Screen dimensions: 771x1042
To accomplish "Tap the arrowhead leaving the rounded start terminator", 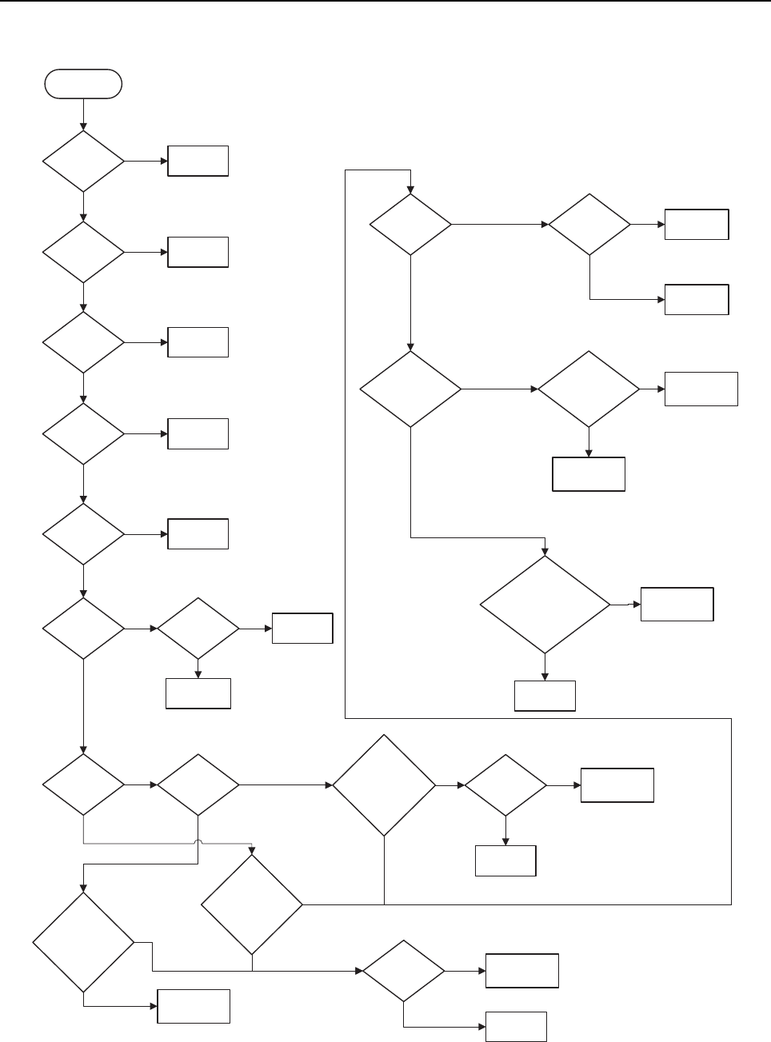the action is [x=84, y=127].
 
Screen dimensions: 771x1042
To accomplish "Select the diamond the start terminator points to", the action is [x=84, y=162].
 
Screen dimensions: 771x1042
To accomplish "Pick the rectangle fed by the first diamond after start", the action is [x=198, y=162].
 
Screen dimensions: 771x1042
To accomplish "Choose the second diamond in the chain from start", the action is [x=84, y=252].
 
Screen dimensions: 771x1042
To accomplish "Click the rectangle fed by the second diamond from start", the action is [x=198, y=252].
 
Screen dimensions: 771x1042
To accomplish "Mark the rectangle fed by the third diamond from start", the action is [x=198, y=342].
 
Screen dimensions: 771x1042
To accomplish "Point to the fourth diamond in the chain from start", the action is [x=84, y=433].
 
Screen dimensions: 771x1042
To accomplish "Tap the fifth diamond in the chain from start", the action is [x=84, y=534].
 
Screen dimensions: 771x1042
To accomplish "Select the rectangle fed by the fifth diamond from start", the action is [x=198, y=534].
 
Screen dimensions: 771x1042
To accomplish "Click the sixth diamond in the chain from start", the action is [x=84, y=629].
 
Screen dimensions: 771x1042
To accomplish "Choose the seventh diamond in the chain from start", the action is [x=84, y=784].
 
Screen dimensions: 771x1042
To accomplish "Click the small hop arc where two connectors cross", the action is [x=198, y=843].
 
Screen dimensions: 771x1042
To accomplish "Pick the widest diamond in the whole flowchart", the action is [x=545, y=605].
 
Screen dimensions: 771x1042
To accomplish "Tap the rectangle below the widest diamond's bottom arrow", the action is [x=545, y=696].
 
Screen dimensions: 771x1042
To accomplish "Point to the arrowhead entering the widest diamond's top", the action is [x=545, y=551].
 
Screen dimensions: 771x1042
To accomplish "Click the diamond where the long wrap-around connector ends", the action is [x=410, y=225].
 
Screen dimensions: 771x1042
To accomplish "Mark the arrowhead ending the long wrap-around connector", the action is [x=410, y=190].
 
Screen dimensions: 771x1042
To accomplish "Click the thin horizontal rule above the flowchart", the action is [x=385, y=2].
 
